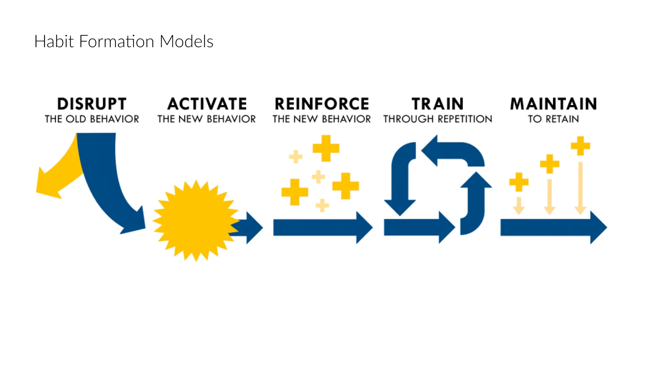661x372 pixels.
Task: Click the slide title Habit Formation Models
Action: [124, 41]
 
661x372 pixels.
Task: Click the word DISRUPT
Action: [92, 104]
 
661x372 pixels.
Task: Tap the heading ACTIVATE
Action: [207, 104]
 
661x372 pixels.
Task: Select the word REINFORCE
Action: [322, 104]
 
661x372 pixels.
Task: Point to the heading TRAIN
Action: [438, 104]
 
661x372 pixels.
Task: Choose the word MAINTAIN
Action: [553, 104]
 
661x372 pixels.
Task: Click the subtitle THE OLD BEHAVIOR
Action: [92, 119]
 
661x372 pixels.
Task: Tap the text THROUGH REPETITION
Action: [438, 119]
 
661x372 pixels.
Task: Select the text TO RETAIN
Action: [553, 119]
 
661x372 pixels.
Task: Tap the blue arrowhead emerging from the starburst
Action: [253, 228]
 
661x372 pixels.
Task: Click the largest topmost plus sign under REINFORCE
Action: [326, 148]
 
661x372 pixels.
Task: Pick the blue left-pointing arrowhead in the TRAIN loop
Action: [430, 151]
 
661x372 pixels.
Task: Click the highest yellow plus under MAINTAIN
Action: [580, 146]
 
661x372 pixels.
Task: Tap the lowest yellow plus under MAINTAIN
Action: [519, 182]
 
